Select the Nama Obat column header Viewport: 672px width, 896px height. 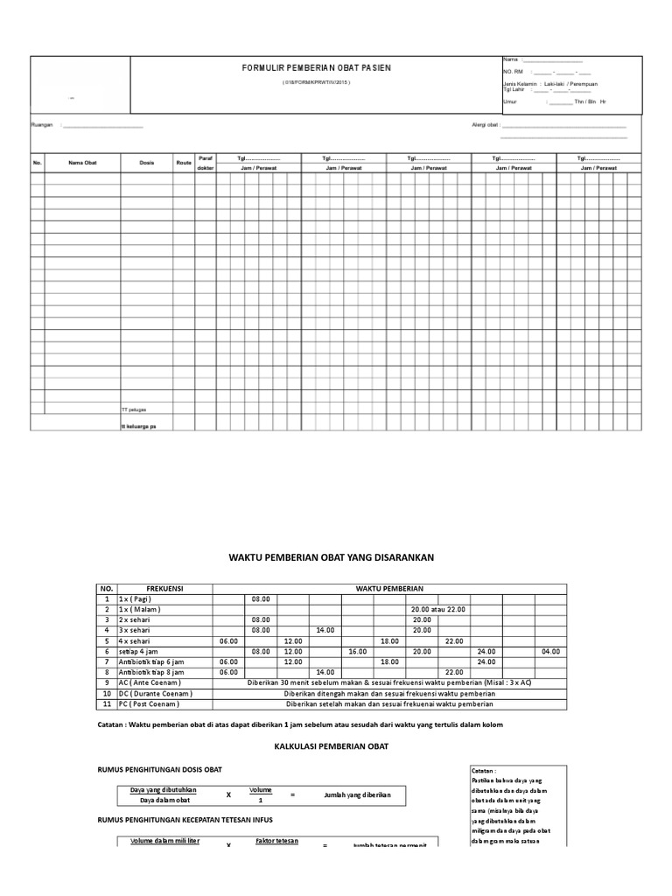83,163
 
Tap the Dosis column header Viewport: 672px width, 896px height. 146,163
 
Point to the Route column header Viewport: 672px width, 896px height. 184,163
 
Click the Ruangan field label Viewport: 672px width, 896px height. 42,125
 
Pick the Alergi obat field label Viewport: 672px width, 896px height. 485,125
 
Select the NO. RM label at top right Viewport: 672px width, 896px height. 513,71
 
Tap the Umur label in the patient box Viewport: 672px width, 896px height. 509,101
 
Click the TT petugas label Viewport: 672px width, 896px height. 134,409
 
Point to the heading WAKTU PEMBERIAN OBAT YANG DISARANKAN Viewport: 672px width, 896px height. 332,556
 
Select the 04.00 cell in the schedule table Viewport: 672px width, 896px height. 550,652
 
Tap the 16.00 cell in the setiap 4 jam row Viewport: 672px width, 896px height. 357,652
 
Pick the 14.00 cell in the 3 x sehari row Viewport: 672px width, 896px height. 325,630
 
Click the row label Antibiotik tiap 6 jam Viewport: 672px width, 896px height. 151,662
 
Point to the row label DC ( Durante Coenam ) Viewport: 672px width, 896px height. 155,693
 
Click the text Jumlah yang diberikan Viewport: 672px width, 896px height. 357,794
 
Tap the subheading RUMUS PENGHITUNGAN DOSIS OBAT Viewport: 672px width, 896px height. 158,769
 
